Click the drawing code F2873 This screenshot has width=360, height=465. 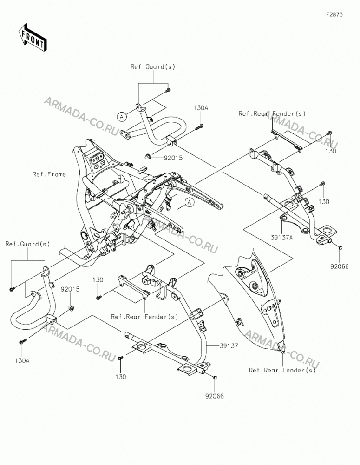click(334, 14)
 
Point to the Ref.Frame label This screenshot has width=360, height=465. click(49, 174)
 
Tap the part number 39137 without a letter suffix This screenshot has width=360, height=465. click(229, 346)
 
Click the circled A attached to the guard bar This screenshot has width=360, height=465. click(122, 117)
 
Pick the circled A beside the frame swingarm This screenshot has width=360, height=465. click(190, 202)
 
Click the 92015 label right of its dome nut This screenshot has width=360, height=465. click(173, 158)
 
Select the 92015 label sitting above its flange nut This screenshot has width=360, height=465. click(70, 289)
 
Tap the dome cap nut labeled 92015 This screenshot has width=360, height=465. click(148, 155)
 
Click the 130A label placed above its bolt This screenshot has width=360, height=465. click(201, 108)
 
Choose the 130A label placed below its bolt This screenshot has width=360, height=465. click(22, 361)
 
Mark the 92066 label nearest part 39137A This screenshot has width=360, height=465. click(340, 267)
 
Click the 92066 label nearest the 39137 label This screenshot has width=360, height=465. click(215, 396)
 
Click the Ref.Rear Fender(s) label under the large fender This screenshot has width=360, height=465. click(282, 371)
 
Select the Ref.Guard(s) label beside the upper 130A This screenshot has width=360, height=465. click(153, 67)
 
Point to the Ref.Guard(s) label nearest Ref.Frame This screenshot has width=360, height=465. click(27, 244)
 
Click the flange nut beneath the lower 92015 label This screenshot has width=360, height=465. click(71, 307)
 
